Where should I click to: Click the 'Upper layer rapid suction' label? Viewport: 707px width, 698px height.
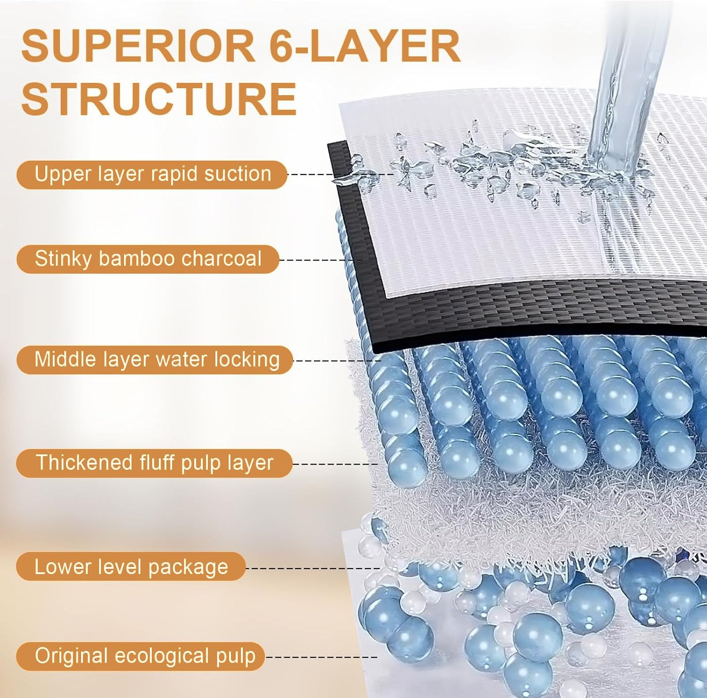click(152, 174)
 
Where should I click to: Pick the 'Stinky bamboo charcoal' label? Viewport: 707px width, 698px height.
click(148, 259)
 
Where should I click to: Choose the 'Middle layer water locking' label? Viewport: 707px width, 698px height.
click(155, 360)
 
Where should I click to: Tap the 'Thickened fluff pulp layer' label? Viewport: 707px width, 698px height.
click(154, 463)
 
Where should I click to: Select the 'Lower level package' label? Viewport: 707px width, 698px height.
click(131, 567)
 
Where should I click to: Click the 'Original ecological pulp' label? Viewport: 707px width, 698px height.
click(140, 656)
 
